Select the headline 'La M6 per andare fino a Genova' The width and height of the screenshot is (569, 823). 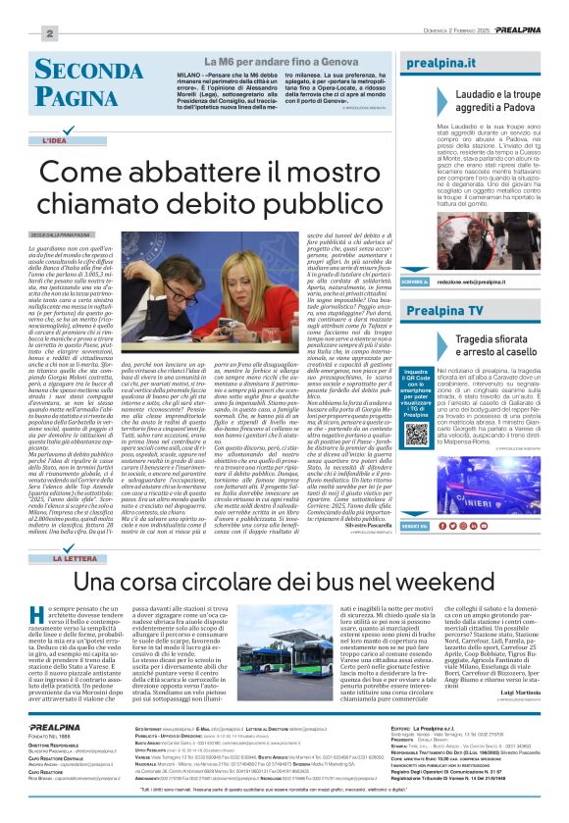pyautogui.click(x=282, y=62)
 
